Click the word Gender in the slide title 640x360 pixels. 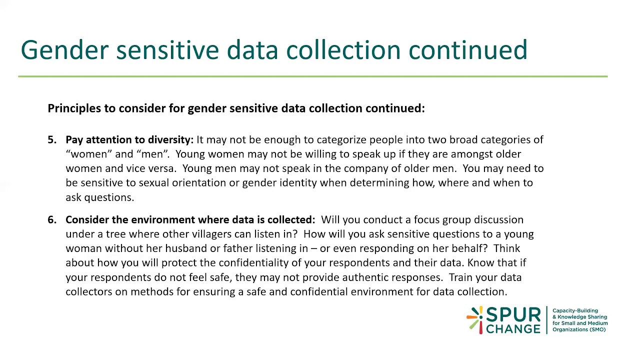click(x=64, y=50)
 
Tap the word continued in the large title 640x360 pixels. click(x=467, y=50)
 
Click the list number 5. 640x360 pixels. click(x=52, y=140)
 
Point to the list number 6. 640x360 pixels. click(x=52, y=220)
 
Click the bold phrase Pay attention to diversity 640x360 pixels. click(x=129, y=140)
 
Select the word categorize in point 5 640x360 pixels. click(x=341, y=140)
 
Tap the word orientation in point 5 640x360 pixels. click(x=199, y=183)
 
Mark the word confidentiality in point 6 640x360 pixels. click(x=260, y=263)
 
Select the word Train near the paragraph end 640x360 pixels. click(x=460, y=277)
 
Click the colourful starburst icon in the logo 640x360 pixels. click(x=474, y=319)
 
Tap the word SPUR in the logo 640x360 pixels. click(x=513, y=315)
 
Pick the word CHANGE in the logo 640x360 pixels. click(x=513, y=329)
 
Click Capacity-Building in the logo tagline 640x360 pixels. click(x=575, y=310)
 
